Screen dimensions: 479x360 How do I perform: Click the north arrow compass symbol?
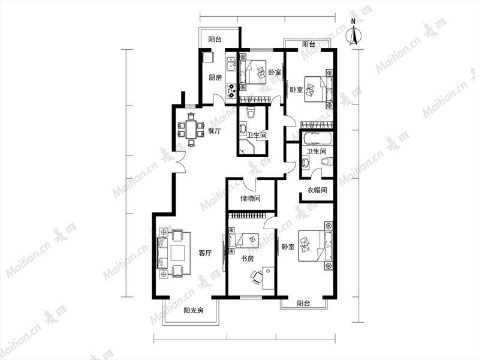click(354, 33)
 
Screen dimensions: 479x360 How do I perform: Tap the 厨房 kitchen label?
click(215, 77)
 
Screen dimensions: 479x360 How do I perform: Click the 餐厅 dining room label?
click(215, 131)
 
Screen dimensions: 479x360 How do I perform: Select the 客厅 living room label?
click(205, 253)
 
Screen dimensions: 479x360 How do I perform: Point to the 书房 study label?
click(247, 259)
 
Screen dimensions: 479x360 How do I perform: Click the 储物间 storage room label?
click(250, 199)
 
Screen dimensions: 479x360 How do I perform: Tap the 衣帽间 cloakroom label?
click(317, 190)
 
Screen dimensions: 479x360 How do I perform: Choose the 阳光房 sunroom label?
click(194, 310)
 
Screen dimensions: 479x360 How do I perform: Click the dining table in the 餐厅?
click(191, 130)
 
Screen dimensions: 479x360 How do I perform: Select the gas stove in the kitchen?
click(231, 91)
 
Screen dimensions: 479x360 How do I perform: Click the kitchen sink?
click(230, 64)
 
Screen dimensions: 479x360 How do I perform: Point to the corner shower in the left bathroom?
click(248, 148)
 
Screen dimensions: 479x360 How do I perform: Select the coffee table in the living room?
click(178, 253)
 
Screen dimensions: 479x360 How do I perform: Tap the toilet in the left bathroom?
click(251, 113)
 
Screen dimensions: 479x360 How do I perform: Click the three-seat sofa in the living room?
click(162, 253)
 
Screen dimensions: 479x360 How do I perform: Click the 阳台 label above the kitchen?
click(215, 39)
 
